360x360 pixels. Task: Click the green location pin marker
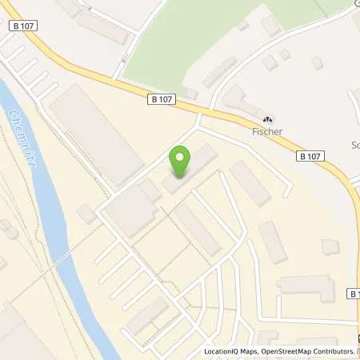181,162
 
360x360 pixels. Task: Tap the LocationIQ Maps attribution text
229,351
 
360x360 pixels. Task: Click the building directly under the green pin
191,170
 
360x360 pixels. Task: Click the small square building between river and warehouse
87,214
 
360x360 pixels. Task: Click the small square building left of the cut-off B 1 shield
328,247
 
